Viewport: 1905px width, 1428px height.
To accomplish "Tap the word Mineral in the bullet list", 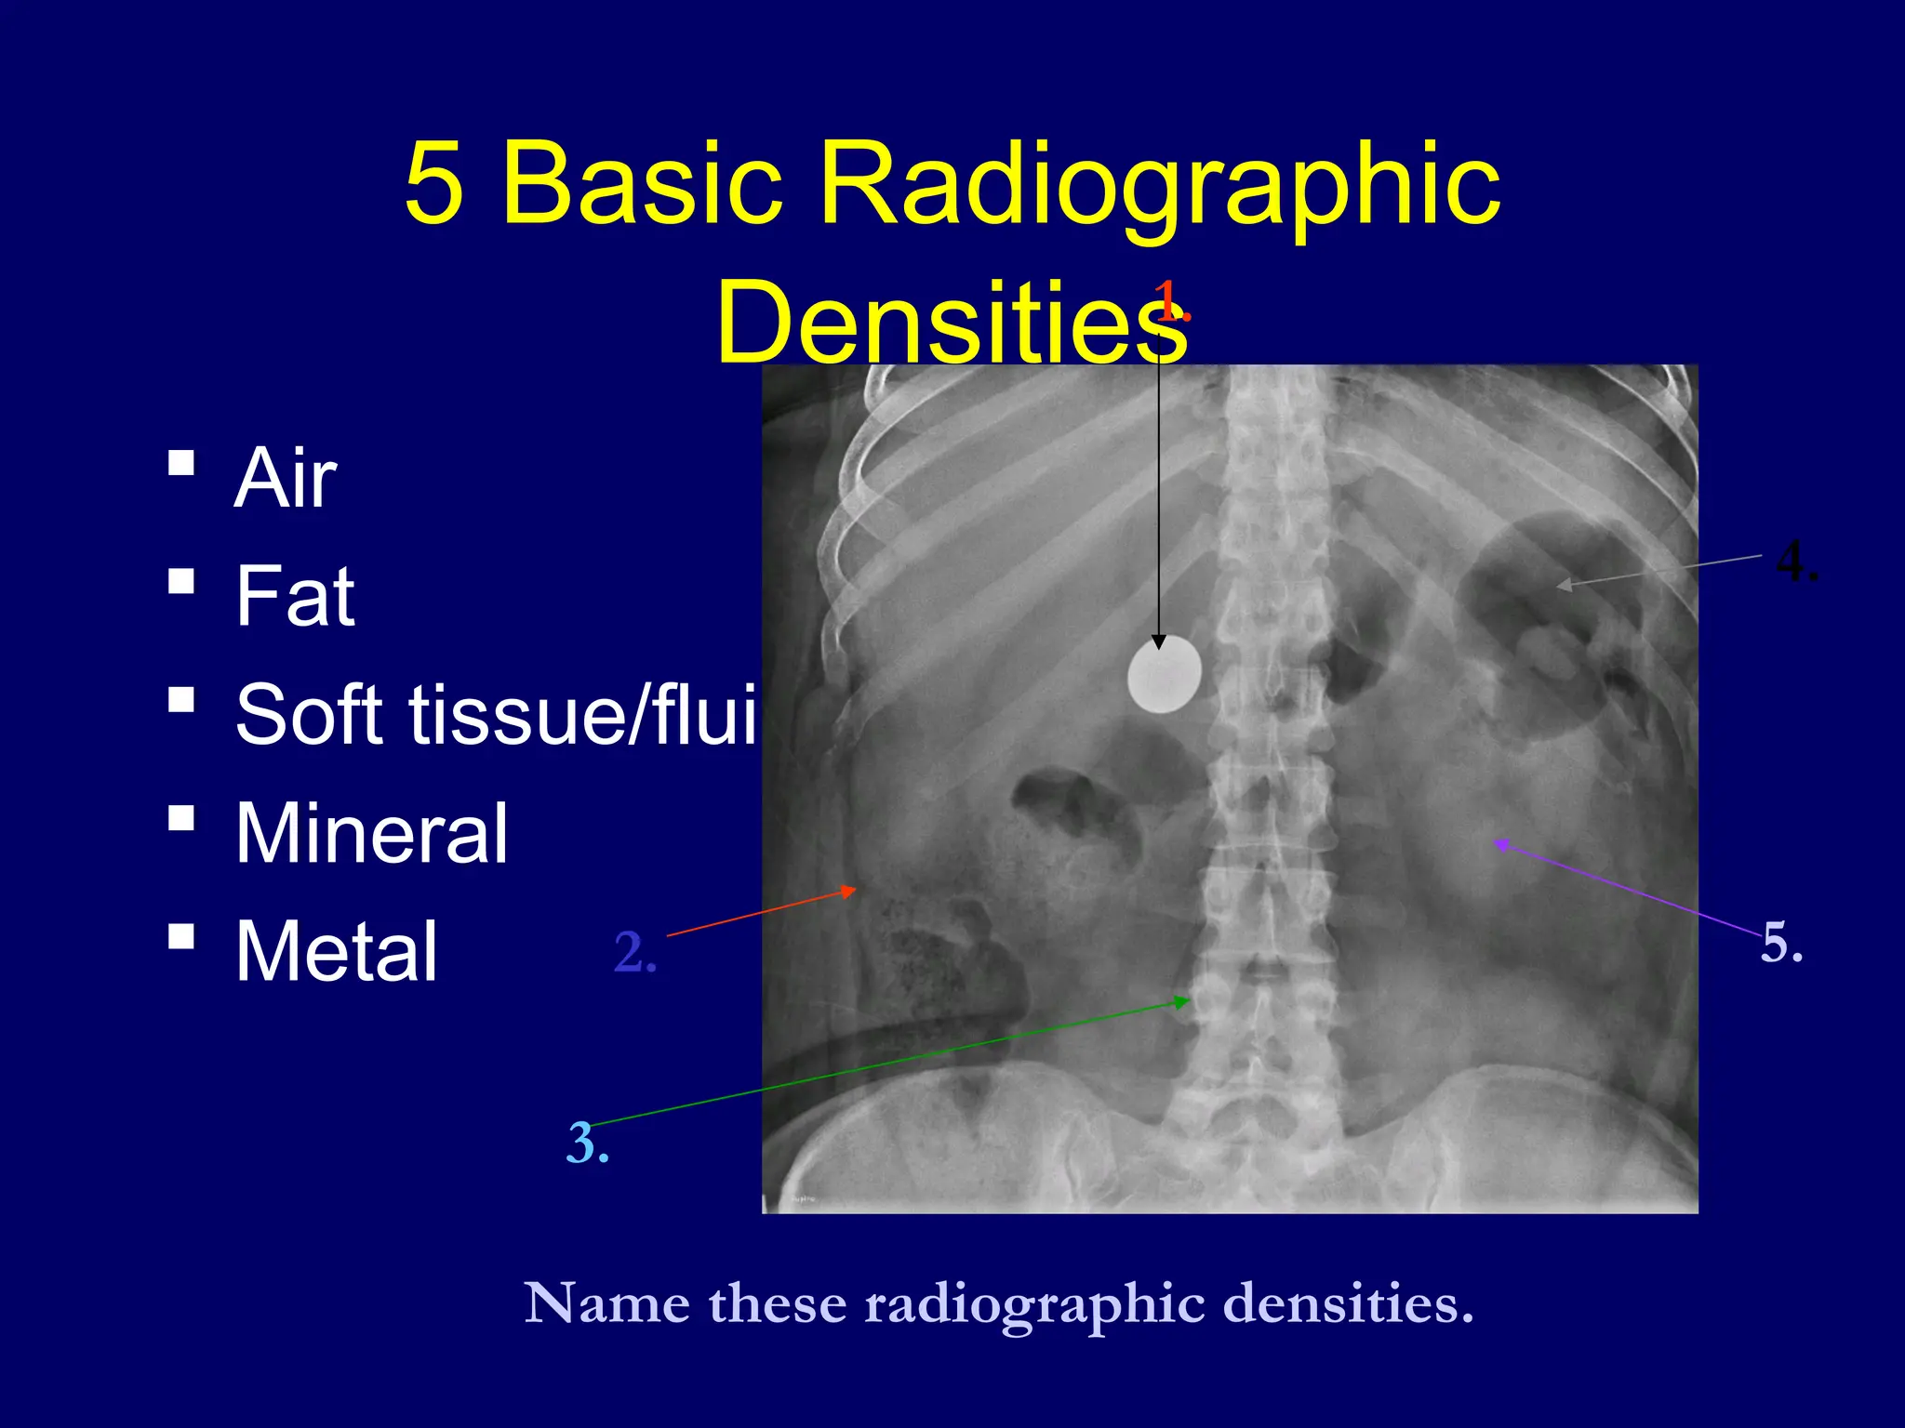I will pyautogui.click(x=371, y=833).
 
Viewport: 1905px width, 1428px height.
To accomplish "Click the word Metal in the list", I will pyautogui.click(x=336, y=951).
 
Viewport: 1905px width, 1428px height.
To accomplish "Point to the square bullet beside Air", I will pyautogui.click(x=182, y=462).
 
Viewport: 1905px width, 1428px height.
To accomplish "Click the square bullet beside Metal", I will pyautogui.click(x=182, y=935).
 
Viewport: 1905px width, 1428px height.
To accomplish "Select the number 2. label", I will pyautogui.click(x=635, y=953).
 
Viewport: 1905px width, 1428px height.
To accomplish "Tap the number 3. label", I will pyautogui.click(x=588, y=1144).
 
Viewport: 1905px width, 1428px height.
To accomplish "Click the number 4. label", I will pyautogui.click(x=1796, y=562).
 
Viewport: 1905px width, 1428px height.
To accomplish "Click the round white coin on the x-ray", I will pyautogui.click(x=1164, y=675).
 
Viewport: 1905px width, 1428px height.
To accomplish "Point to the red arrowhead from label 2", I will pyautogui.click(x=848, y=891).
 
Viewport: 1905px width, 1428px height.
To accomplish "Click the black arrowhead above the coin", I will pyautogui.click(x=1158, y=641).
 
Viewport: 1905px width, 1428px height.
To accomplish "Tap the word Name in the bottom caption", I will pyautogui.click(x=606, y=1303).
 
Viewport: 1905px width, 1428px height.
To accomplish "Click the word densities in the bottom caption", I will pyautogui.click(x=1348, y=1303).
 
